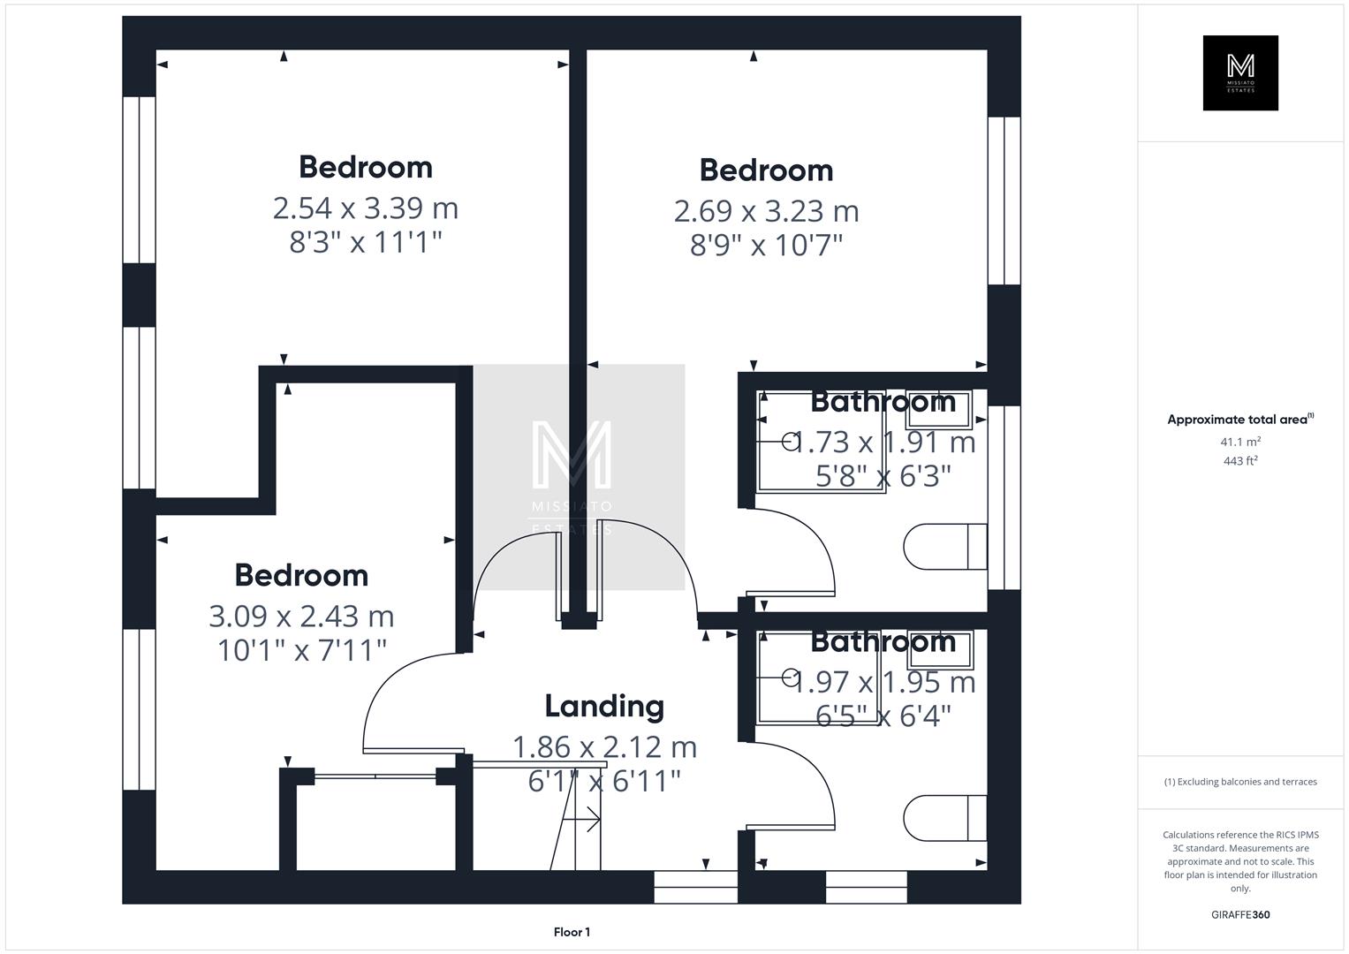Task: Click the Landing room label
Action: coord(604,706)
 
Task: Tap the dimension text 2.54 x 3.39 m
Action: coord(365,208)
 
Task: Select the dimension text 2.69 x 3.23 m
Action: coord(766,211)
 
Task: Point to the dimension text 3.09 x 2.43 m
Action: coord(301,616)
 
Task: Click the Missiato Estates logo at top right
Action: coord(1240,72)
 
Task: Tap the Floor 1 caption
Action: coord(572,932)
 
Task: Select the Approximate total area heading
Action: coord(1239,420)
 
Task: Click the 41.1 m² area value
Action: coord(1240,442)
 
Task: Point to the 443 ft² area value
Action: coord(1240,460)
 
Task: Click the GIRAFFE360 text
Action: coord(1240,914)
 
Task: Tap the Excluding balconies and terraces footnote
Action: coord(1240,782)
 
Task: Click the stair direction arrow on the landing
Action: coord(583,821)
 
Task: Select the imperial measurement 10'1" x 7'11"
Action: coord(301,650)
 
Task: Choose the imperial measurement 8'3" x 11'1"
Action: coord(365,242)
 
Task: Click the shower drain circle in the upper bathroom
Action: coord(789,439)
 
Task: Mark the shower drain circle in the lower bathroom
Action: coord(789,678)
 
